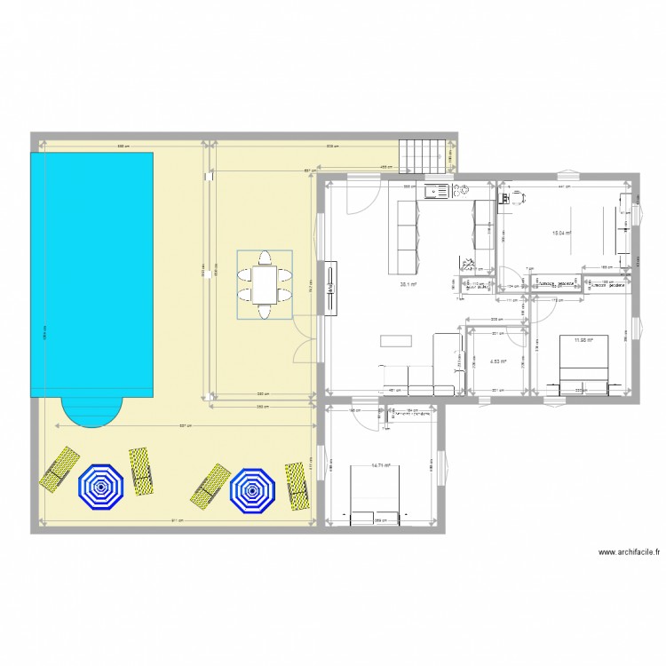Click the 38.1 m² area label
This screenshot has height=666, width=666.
408,285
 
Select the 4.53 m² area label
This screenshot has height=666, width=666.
497,361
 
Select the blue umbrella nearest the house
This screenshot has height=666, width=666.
252,488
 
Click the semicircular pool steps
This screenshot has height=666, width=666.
91,411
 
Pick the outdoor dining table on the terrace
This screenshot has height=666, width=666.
265,285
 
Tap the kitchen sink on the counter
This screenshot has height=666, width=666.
437,189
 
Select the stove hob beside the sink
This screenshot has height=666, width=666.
462,189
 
